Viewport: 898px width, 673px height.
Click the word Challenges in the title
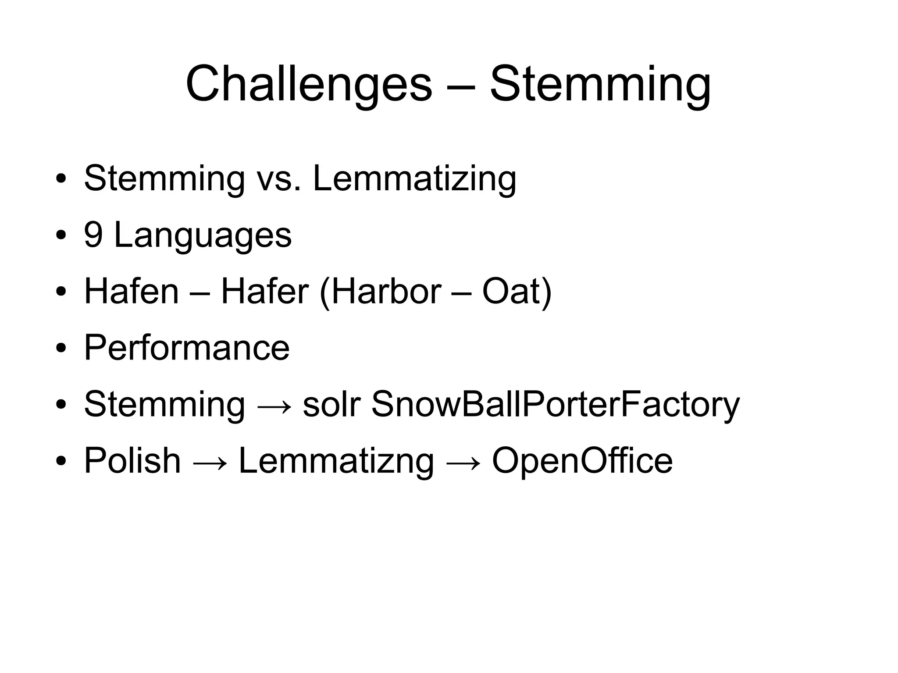click(x=309, y=84)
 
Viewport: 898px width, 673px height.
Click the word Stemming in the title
click(x=600, y=84)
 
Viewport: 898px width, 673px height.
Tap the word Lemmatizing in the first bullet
click(x=414, y=179)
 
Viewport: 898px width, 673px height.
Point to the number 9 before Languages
click(x=93, y=235)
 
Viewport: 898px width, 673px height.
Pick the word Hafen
click(x=132, y=291)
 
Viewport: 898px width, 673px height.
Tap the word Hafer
click(x=265, y=291)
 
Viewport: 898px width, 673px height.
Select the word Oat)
click(x=517, y=291)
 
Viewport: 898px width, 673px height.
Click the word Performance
click(x=187, y=348)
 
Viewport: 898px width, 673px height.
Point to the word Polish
click(x=132, y=460)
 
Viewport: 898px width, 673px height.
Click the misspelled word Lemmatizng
click(x=336, y=461)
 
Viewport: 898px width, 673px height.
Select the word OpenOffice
click(x=582, y=460)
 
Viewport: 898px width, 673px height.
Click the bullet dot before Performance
click(x=61, y=348)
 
